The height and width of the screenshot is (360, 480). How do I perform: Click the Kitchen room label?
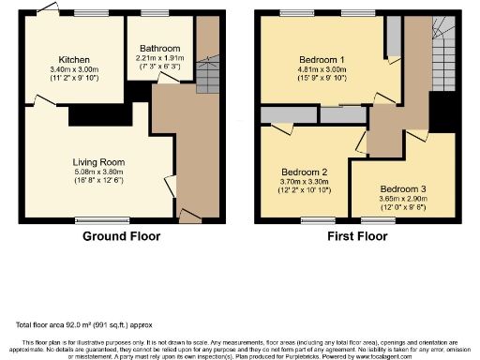click(x=74, y=58)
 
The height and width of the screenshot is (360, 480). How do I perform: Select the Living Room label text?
click(x=99, y=162)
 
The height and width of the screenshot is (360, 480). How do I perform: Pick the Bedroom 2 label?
click(x=304, y=173)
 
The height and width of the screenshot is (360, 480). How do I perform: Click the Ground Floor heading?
click(x=121, y=236)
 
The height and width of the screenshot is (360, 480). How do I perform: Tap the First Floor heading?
click(x=356, y=236)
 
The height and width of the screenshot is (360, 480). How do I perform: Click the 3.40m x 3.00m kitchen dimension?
click(x=74, y=68)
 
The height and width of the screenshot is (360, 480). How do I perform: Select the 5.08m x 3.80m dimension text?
click(x=99, y=172)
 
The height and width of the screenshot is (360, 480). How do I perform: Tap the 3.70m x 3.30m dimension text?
click(x=304, y=184)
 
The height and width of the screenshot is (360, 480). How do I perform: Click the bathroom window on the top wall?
click(x=156, y=13)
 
